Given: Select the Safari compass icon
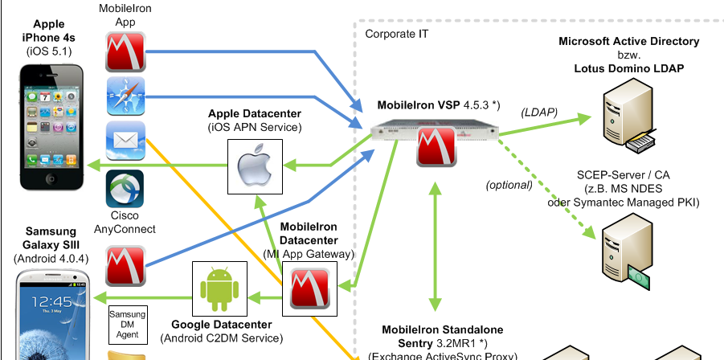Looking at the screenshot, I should pyautogui.click(x=125, y=96).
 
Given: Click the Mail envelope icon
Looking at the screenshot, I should pyautogui.click(x=125, y=142).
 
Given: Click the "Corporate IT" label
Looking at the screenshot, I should pyautogui.click(x=397, y=34).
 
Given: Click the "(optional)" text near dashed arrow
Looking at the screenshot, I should pyautogui.click(x=509, y=185).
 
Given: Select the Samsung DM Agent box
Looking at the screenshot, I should pyautogui.click(x=127, y=323).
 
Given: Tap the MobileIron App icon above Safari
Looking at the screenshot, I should pyautogui.click(x=125, y=51).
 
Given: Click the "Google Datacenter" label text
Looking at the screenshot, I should pyautogui.click(x=221, y=325).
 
